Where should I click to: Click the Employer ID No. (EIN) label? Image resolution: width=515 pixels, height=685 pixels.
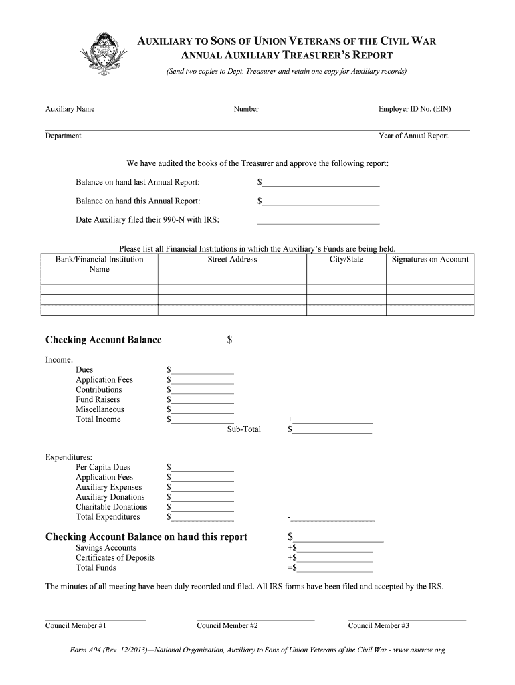pyautogui.click(x=415, y=109)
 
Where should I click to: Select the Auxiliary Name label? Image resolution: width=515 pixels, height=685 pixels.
pyautogui.click(x=70, y=109)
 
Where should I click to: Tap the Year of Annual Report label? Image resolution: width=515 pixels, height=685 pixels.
pyautogui.click(x=413, y=136)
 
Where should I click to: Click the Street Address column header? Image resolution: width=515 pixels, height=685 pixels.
pyautogui.click(x=232, y=260)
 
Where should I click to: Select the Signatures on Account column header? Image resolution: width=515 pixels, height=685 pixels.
pyautogui.click(x=430, y=260)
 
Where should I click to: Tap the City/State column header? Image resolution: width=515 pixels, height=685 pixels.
pyautogui.click(x=346, y=260)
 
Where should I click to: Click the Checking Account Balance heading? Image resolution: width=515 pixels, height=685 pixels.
pyautogui.click(x=103, y=340)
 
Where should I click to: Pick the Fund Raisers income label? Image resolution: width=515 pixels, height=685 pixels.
pyautogui.click(x=98, y=399)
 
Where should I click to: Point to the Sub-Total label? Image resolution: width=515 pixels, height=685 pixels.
pyautogui.click(x=244, y=429)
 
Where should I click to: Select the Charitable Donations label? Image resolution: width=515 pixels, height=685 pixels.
pyautogui.click(x=111, y=507)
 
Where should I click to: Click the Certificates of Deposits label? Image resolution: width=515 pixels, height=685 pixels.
pyautogui.click(x=115, y=557)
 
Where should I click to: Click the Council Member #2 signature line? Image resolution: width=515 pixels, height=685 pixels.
pyautogui.click(x=255, y=619)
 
